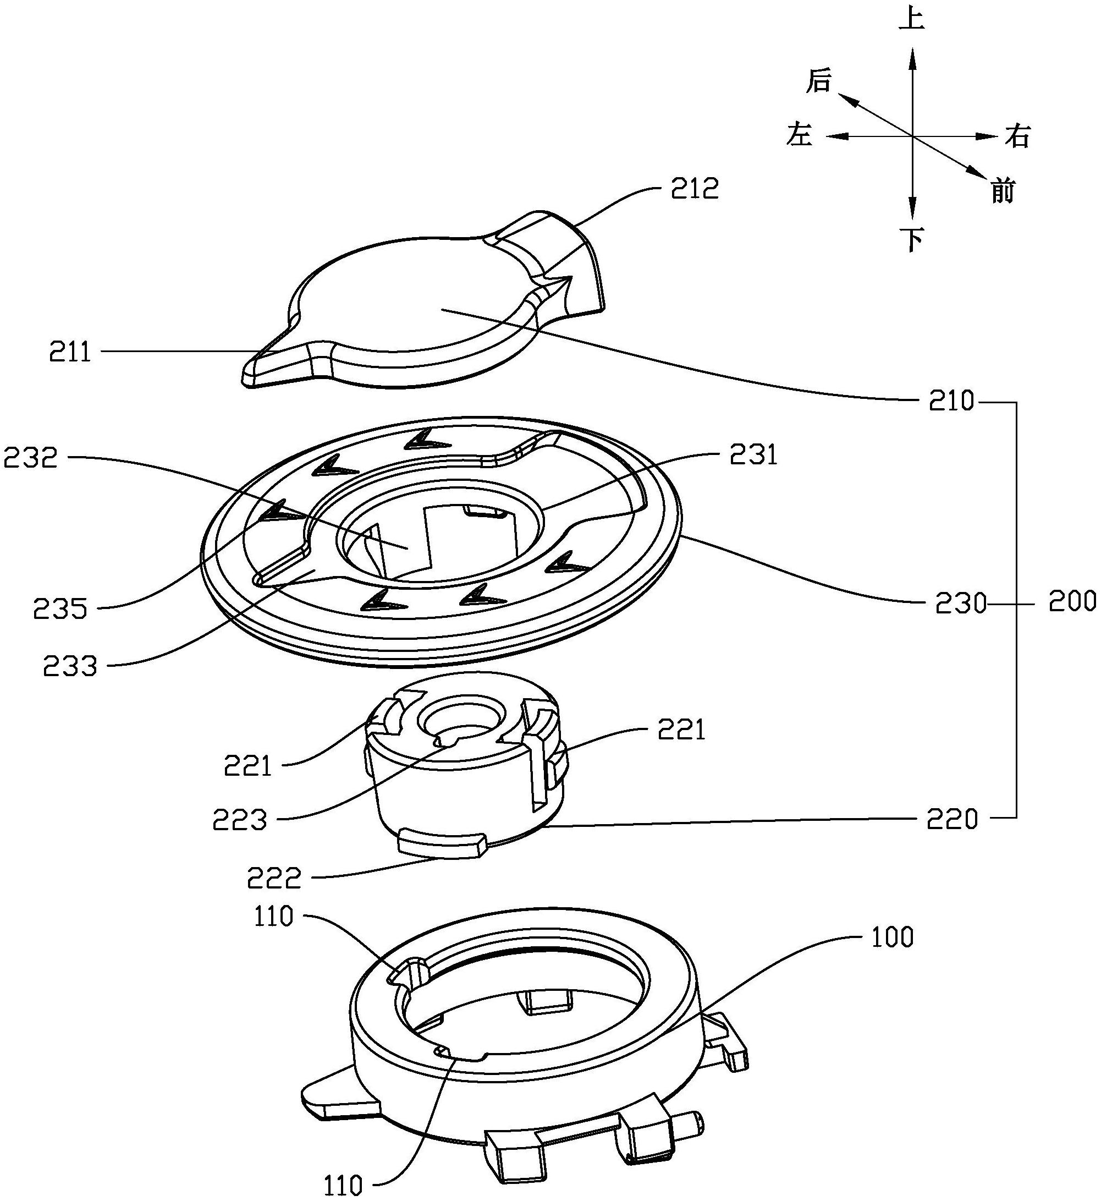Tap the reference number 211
point(70,353)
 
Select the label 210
point(951,402)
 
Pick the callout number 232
point(30,458)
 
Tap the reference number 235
point(60,608)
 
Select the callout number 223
point(240,821)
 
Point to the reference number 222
point(274,878)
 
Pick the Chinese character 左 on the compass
point(799,134)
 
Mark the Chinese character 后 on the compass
point(818,81)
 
